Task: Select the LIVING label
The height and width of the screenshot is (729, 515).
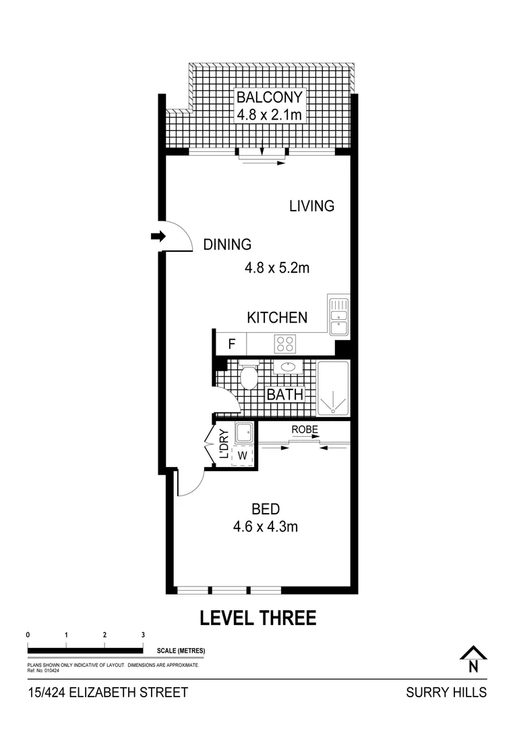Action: pyautogui.click(x=311, y=206)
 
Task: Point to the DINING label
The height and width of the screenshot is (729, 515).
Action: pyautogui.click(x=227, y=245)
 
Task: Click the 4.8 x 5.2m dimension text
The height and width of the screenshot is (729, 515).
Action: pyautogui.click(x=276, y=269)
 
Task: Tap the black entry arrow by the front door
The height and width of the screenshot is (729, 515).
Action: pyautogui.click(x=158, y=236)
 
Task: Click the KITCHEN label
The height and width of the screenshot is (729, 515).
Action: pyautogui.click(x=277, y=317)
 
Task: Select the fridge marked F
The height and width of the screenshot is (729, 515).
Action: pyautogui.click(x=231, y=344)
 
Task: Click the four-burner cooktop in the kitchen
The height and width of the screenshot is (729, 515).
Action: pyautogui.click(x=284, y=344)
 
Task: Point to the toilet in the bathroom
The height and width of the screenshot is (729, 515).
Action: pyautogui.click(x=249, y=376)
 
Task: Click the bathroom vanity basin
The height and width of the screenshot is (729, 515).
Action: pyautogui.click(x=288, y=368)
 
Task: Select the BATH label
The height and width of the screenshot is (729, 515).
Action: pyautogui.click(x=284, y=394)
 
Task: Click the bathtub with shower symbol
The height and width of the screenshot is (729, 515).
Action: pyautogui.click(x=334, y=389)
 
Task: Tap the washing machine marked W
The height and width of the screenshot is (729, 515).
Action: pyautogui.click(x=243, y=455)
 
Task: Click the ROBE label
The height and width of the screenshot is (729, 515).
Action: pyautogui.click(x=305, y=429)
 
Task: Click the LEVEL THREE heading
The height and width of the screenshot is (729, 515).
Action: pyautogui.click(x=258, y=618)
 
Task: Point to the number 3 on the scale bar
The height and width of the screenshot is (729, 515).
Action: pyautogui.click(x=143, y=635)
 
